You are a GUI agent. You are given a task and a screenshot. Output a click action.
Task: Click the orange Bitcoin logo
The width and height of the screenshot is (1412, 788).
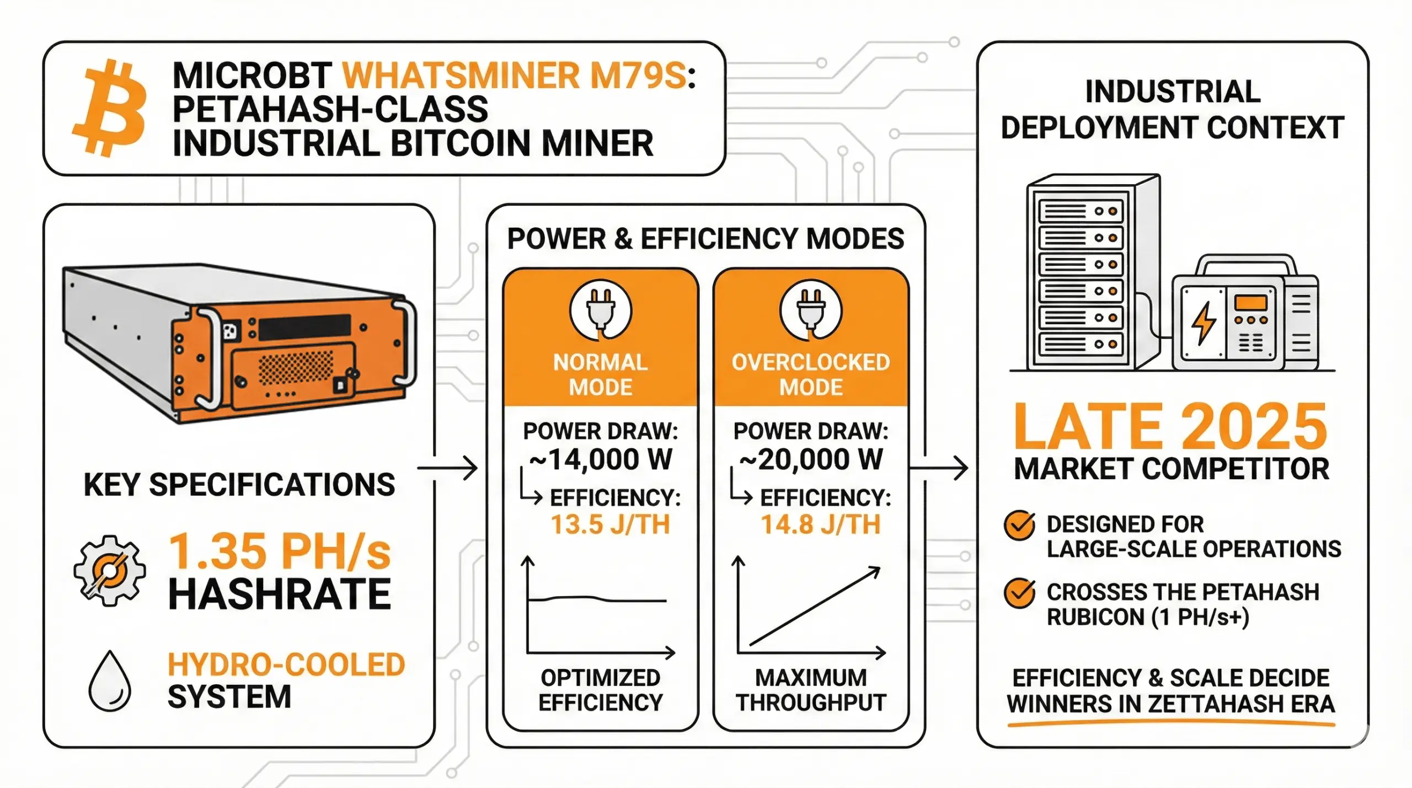point(109,108)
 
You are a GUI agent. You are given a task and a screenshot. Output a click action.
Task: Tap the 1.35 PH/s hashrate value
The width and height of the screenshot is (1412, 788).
point(280,551)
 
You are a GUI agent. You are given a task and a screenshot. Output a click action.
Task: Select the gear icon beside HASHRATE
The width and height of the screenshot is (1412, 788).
point(110,571)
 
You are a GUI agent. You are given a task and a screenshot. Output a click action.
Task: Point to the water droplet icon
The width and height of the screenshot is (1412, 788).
point(110,682)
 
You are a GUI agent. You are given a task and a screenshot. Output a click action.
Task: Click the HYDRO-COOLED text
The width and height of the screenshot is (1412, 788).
point(286,664)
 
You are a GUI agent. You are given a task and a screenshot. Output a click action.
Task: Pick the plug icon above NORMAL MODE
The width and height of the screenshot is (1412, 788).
point(600,310)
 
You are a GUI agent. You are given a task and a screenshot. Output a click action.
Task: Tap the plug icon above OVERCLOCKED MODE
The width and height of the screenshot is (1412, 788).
point(810,310)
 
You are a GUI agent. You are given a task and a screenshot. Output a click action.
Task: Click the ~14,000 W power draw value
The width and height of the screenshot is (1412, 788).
point(600,459)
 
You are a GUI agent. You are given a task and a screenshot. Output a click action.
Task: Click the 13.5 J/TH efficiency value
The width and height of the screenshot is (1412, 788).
point(610,524)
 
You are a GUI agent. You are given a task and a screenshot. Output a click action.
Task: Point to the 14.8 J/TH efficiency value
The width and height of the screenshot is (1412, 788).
point(820,524)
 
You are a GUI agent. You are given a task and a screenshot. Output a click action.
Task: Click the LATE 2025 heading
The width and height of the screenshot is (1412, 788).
point(1170,426)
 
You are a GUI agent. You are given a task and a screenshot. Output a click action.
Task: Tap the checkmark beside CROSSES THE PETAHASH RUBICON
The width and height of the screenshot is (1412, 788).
point(1019,593)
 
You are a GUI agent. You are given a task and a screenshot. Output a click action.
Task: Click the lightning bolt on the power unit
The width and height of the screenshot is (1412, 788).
point(1203,323)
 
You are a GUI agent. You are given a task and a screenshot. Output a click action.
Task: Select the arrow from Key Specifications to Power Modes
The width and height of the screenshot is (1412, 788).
point(447,469)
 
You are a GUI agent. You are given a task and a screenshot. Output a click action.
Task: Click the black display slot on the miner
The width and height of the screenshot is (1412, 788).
point(304,328)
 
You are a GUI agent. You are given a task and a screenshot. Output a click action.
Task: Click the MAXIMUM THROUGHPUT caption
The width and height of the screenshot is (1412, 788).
point(810,690)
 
